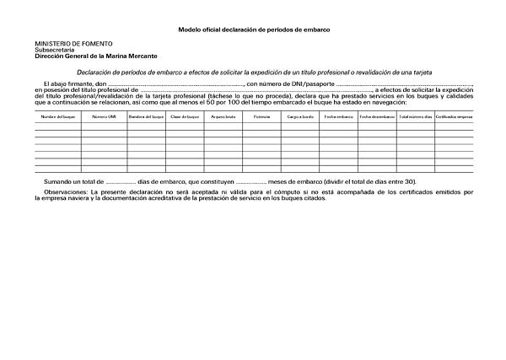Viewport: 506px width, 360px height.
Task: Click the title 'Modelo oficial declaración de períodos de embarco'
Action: [x=253, y=30]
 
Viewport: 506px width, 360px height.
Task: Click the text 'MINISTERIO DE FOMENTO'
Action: [x=73, y=43]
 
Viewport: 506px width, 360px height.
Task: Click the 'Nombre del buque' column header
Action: [x=58, y=116]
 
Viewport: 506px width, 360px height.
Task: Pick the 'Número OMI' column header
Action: [x=104, y=116]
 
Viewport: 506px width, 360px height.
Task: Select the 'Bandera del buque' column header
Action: [x=146, y=116]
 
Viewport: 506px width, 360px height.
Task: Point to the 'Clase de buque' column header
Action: [x=185, y=116]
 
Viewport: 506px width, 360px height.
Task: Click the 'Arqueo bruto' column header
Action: [x=223, y=116]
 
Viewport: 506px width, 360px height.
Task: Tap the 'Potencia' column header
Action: [x=261, y=116]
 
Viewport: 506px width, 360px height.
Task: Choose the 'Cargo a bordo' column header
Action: [x=300, y=116]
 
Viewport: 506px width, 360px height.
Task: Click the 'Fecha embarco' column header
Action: [x=338, y=116]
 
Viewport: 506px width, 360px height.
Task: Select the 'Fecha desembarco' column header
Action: [x=377, y=116]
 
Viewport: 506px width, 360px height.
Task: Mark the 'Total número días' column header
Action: [x=415, y=116]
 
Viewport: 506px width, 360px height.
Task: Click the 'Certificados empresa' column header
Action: [x=454, y=116]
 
